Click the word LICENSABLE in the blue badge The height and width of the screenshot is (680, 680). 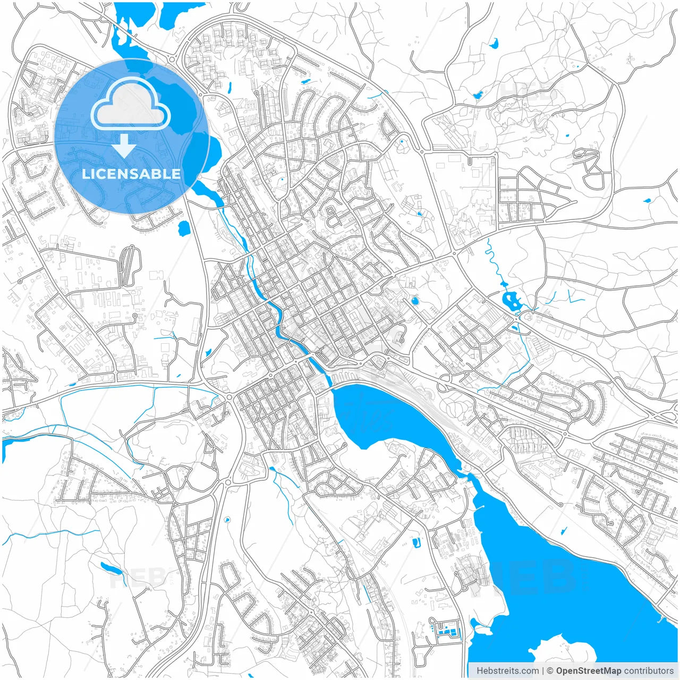point(131,174)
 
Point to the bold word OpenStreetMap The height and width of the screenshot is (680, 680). point(589,671)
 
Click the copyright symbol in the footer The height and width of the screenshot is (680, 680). point(550,671)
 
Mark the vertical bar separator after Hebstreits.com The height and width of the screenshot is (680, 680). point(543,671)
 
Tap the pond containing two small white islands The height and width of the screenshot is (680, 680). point(512,301)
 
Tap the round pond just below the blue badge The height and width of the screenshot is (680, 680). point(183,228)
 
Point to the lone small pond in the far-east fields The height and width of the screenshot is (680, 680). point(647,201)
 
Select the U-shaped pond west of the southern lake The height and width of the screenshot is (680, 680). point(416,542)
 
